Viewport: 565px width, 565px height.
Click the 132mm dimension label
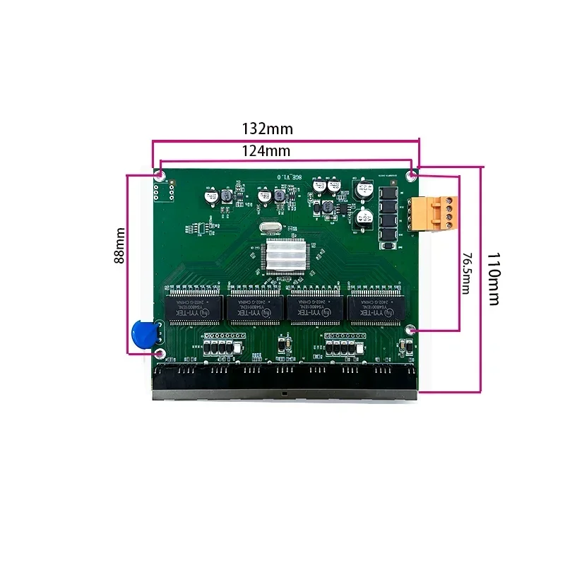[267, 129]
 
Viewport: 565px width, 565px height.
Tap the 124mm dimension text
[266, 151]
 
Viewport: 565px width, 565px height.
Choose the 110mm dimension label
[494, 278]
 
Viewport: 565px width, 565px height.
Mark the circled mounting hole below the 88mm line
[160, 353]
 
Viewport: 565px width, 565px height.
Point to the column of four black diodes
[388, 218]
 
